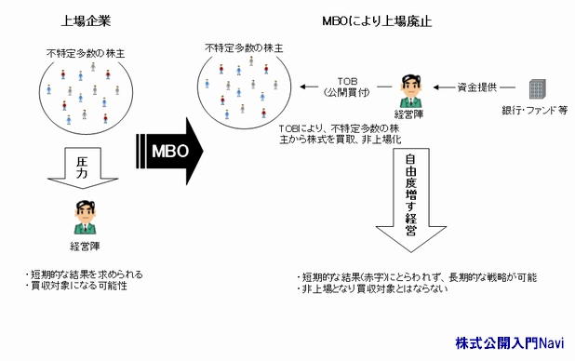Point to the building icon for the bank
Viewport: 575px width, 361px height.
(x=539, y=90)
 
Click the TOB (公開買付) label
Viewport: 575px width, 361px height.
(x=348, y=87)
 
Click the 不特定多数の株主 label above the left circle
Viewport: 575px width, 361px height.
(x=86, y=54)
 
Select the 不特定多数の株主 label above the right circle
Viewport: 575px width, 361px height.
(x=244, y=47)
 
